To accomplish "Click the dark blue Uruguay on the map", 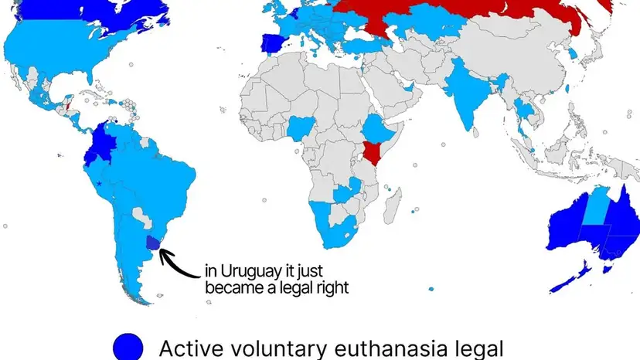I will coord(153,244).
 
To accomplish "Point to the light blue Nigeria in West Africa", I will coord(301,128).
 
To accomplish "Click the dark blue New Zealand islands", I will coord(577,275).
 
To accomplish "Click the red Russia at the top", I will coord(464,19).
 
